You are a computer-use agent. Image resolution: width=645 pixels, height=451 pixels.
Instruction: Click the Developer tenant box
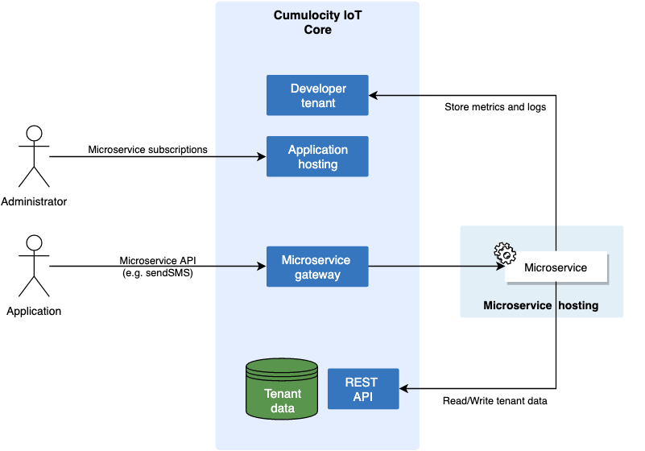pyautogui.click(x=317, y=95)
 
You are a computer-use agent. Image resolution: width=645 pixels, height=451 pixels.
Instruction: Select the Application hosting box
pyautogui.click(x=317, y=156)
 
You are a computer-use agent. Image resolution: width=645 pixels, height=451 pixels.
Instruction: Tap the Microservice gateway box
pyautogui.click(x=317, y=267)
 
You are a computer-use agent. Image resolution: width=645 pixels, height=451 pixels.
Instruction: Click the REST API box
pyautogui.click(x=362, y=389)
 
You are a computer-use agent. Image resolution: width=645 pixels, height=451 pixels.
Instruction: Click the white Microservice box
pyautogui.click(x=556, y=267)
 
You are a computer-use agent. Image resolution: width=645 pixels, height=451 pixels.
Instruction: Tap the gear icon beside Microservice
pyautogui.click(x=505, y=254)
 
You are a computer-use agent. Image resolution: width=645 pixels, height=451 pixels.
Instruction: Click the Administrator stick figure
pyautogui.click(x=34, y=156)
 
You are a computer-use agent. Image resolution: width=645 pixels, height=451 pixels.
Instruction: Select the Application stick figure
pyautogui.click(x=34, y=266)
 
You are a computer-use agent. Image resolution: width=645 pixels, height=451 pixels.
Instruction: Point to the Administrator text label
pyautogui.click(x=34, y=201)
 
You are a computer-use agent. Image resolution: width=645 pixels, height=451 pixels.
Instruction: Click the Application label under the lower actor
pyautogui.click(x=34, y=311)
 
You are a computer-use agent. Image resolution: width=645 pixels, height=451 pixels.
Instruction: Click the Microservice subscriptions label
pyautogui.click(x=147, y=150)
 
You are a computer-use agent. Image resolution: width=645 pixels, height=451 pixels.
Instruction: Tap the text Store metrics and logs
pyautogui.click(x=495, y=107)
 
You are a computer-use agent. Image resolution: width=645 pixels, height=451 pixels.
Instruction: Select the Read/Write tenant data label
pyautogui.click(x=495, y=401)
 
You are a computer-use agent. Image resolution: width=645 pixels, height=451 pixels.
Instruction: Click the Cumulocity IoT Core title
pyautogui.click(x=317, y=23)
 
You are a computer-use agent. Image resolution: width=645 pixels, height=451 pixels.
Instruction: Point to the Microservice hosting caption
pyautogui.click(x=540, y=306)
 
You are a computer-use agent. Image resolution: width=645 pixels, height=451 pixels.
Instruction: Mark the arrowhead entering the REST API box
pyautogui.click(x=405, y=389)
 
